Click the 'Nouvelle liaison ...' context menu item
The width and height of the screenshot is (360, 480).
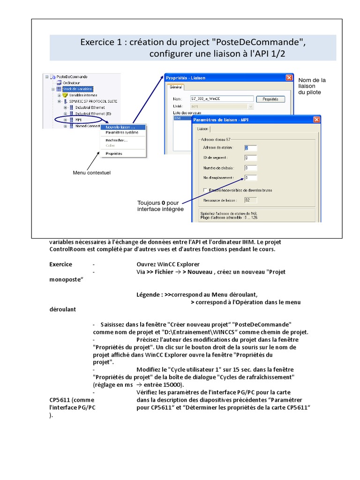pos(120,127)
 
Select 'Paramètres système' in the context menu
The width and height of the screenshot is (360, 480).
pos(121,132)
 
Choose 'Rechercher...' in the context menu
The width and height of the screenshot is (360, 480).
pos(116,140)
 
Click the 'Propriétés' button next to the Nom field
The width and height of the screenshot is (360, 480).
pos(270,99)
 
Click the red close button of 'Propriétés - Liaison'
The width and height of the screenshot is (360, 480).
pos(289,78)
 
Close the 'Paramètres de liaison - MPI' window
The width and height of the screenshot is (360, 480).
pos(317,120)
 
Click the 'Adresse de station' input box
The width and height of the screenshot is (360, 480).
pos(250,148)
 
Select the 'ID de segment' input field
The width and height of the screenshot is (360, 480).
pos(250,158)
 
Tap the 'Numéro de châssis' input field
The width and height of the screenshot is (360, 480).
pos(250,168)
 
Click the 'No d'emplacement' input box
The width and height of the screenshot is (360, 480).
pos(250,178)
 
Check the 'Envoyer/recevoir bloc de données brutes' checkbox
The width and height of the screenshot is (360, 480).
pos(205,190)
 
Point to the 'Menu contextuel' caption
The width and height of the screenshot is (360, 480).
pos(91,173)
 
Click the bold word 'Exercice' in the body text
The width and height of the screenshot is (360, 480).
pos(61,264)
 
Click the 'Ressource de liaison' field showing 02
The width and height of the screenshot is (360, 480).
pos(250,200)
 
